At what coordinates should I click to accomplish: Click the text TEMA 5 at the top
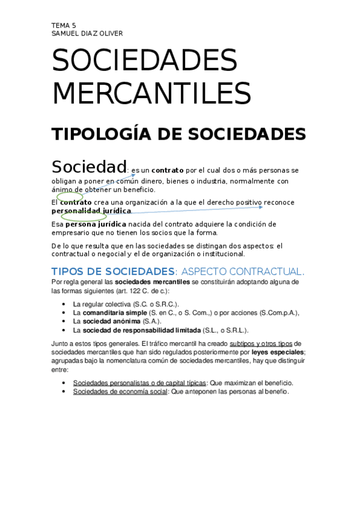pos(64,25)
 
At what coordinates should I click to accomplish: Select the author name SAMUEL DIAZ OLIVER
pos(87,34)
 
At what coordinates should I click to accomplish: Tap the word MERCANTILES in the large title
pos(151,93)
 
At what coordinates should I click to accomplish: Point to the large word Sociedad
pos(89,166)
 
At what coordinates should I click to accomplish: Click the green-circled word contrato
pos(71,203)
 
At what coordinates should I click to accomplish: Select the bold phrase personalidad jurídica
pos(91,211)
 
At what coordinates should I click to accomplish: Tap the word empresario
pos(72,233)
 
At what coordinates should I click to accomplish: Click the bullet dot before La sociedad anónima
pos(64,322)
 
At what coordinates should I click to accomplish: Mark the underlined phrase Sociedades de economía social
pos(121,392)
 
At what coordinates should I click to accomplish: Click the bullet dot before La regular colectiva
pos(64,304)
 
